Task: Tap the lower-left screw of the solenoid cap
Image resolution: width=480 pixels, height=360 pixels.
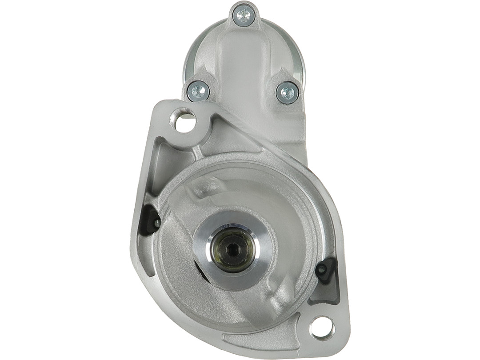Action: point(198,92)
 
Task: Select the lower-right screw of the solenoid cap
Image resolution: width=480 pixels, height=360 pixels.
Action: point(287,93)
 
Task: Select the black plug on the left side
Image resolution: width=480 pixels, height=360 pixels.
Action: point(154,220)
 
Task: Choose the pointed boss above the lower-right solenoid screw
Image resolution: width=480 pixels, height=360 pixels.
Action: point(283,73)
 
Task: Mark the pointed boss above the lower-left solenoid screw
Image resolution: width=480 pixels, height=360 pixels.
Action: point(202,73)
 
